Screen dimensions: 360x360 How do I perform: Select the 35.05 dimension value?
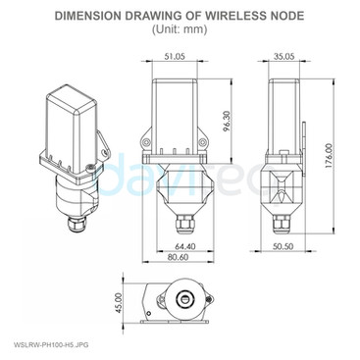[x=284, y=56]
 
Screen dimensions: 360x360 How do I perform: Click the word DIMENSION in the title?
[x=112, y=16]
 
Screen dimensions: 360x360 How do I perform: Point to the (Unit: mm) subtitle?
[x=180, y=29]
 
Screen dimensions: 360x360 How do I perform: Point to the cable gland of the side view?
[x=284, y=224]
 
